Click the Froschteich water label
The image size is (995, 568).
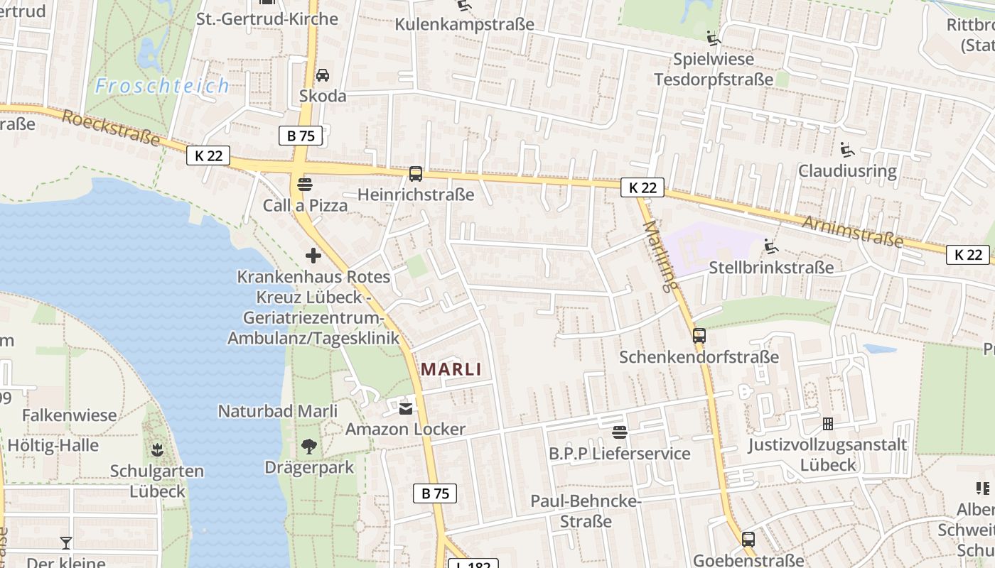tap(163, 86)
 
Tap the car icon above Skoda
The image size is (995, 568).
tap(322, 75)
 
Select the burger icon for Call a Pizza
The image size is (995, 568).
tap(305, 185)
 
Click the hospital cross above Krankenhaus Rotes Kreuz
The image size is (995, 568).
tap(313, 256)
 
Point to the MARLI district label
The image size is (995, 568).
tap(451, 369)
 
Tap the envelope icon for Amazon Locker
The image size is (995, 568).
tap(405, 408)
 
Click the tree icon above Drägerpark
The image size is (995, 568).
tap(308, 447)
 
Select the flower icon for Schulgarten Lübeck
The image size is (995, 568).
tap(156, 449)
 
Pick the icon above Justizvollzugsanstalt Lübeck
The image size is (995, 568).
tap(827, 424)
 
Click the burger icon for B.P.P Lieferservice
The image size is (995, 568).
tap(619, 432)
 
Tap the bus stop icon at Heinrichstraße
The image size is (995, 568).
tap(416, 174)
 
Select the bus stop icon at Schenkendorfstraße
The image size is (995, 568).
tap(699, 336)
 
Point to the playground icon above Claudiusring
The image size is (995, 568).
tap(846, 150)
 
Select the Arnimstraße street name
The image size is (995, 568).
tap(853, 232)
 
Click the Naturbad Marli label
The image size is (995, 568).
tap(277, 411)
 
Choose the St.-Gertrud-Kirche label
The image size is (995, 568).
tap(267, 19)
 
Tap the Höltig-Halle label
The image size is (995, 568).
tap(53, 446)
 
